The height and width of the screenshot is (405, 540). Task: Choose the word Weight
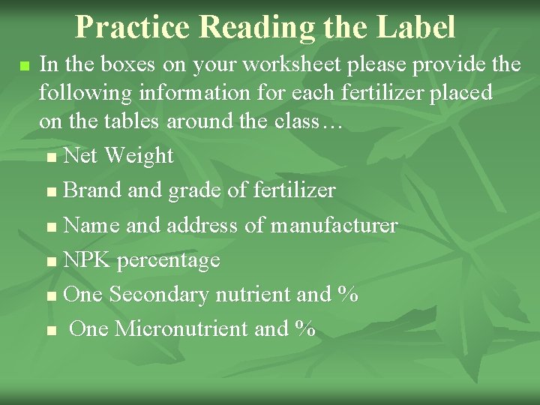pyautogui.click(x=139, y=156)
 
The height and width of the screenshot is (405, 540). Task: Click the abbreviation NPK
pyautogui.click(x=87, y=259)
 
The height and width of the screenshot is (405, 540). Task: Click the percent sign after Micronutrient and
pyautogui.click(x=305, y=328)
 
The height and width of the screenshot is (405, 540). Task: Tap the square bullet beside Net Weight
pyautogui.click(x=50, y=157)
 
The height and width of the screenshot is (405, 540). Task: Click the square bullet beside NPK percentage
pyautogui.click(x=50, y=261)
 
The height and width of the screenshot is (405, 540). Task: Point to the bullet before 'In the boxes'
pyautogui.click(x=25, y=66)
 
